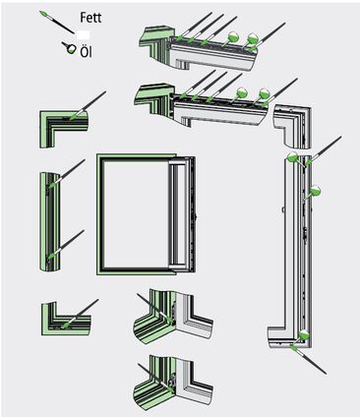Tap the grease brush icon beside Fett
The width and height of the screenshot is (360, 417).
point(54,21)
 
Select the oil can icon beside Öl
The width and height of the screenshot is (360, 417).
point(71,46)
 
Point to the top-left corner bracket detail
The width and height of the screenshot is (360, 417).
point(61,125)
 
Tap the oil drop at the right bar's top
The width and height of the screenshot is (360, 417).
point(294,158)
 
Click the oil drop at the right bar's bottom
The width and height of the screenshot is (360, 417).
point(304,335)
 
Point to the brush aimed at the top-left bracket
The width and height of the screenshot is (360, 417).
point(92,101)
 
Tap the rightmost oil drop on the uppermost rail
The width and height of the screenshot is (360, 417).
point(254,39)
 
